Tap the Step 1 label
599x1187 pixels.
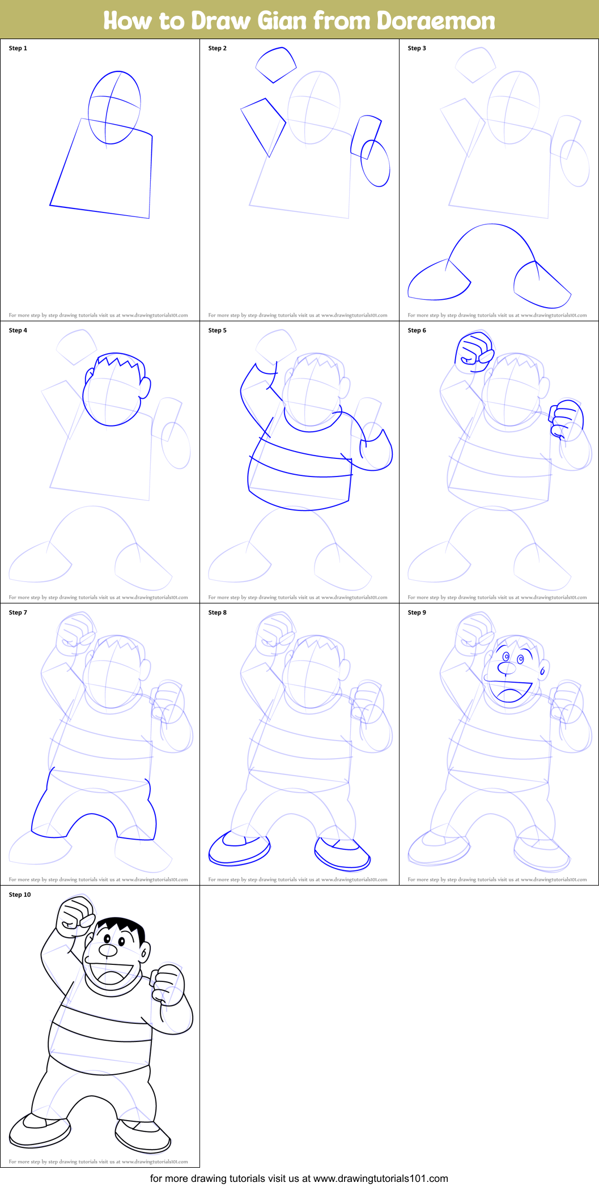[18, 48]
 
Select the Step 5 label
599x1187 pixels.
[218, 330]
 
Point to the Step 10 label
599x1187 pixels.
[20, 895]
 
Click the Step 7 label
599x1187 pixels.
[18, 612]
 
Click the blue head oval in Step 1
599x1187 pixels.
[114, 107]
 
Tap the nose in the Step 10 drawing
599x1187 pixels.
[108, 950]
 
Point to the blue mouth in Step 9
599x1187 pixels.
[510, 691]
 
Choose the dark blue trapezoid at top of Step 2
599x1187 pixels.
[276, 65]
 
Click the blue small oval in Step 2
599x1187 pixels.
[375, 163]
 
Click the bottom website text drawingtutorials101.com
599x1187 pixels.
[380, 1179]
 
